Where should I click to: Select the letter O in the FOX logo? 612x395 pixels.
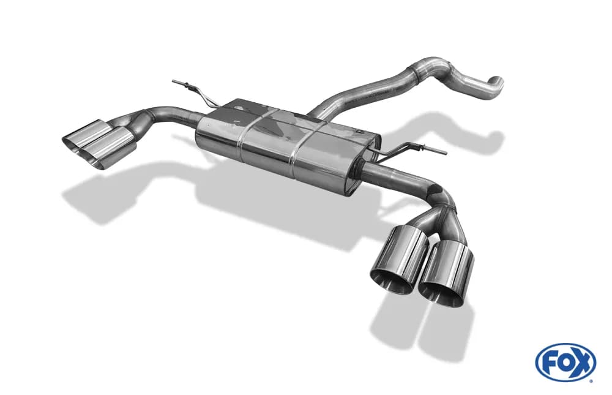point(564,363)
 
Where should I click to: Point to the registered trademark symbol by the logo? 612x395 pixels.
point(592,380)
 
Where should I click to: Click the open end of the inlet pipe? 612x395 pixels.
point(499,82)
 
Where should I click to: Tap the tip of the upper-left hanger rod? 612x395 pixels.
point(173,81)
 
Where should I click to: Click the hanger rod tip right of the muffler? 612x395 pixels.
point(446,151)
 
